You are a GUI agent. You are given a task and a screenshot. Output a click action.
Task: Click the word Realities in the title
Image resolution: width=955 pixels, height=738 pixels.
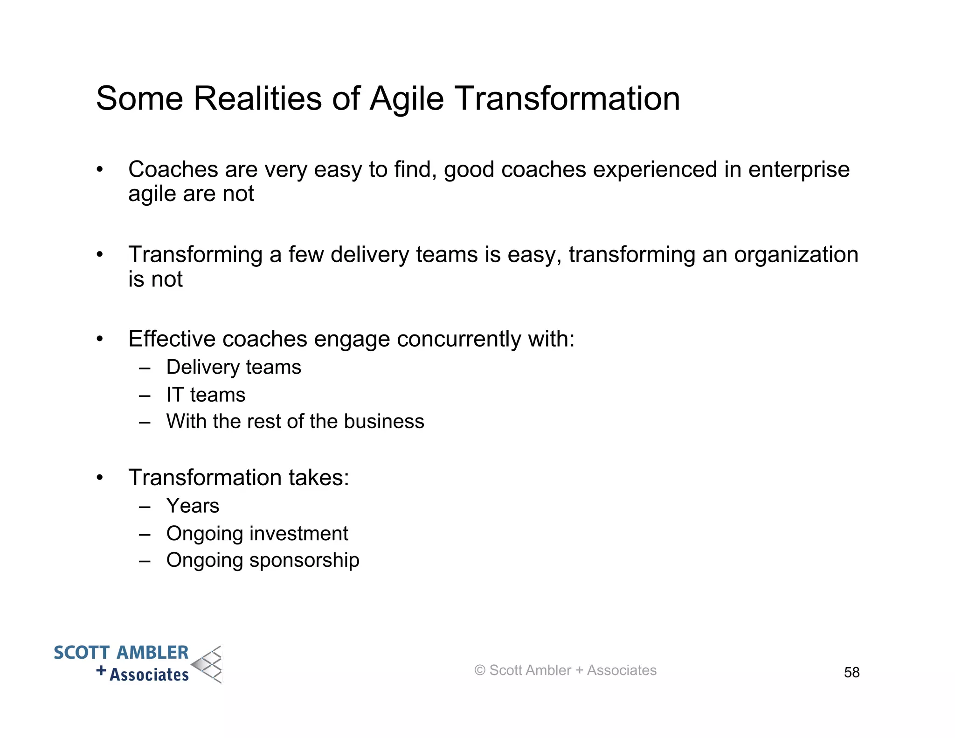click(x=257, y=98)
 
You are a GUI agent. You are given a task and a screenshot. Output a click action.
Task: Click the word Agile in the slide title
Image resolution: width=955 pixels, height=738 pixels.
click(x=406, y=99)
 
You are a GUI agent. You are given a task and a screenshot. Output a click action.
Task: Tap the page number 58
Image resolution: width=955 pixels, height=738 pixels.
click(x=851, y=672)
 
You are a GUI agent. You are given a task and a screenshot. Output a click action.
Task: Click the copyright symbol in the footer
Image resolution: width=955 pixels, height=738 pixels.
click(x=479, y=670)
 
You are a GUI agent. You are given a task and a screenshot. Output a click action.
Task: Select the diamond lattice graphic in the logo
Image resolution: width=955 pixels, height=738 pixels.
click(x=208, y=665)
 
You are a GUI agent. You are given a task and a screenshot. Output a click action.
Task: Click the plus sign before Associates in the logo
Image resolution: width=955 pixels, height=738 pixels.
click(x=101, y=671)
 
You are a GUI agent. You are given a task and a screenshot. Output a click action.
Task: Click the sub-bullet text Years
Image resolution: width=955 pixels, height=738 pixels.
click(x=193, y=506)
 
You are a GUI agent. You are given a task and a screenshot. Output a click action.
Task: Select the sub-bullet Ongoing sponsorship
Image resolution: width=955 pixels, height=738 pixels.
click(x=263, y=560)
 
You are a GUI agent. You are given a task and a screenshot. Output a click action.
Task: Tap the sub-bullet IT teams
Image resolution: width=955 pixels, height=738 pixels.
click(x=206, y=395)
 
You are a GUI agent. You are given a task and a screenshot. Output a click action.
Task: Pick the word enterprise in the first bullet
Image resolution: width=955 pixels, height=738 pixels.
click(x=798, y=169)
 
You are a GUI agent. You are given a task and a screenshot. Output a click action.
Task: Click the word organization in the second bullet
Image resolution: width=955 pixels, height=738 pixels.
click(x=796, y=255)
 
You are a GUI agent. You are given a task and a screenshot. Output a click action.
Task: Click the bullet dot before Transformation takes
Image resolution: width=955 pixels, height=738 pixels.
click(x=99, y=478)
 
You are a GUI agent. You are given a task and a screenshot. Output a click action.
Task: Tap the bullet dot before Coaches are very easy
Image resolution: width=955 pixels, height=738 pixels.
click(x=99, y=170)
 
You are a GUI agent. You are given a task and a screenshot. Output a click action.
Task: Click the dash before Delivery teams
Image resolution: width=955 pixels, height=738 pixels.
click(x=145, y=368)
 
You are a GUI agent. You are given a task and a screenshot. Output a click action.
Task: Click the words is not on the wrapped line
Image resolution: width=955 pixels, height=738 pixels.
click(x=155, y=279)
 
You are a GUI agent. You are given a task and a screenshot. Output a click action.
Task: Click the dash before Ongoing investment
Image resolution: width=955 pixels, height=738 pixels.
click(x=145, y=534)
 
